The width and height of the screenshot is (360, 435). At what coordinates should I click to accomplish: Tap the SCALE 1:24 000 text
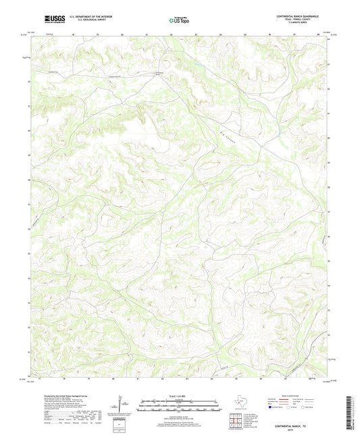click(180, 395)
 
